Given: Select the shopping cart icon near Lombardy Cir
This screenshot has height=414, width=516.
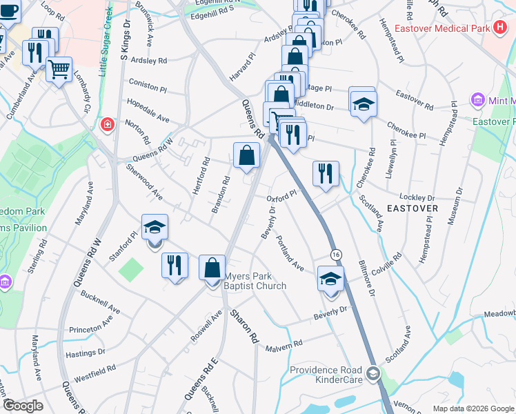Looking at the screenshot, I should pos(59,68).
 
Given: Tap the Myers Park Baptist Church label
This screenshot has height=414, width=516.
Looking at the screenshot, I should pos(255,281).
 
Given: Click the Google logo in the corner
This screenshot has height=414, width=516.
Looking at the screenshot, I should pos(23,405).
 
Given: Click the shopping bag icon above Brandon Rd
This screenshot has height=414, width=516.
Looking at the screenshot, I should pos(246,156).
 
